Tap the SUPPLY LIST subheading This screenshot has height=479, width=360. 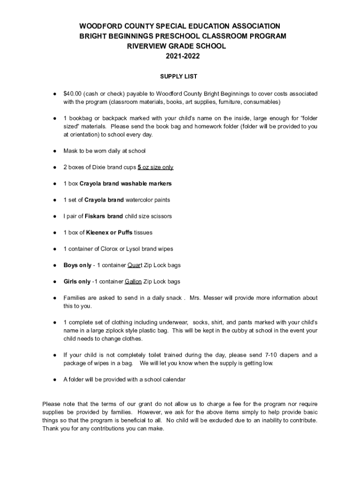179,76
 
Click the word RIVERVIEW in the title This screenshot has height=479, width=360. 147,46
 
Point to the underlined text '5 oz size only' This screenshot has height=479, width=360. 156,167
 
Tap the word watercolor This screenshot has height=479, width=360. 139,200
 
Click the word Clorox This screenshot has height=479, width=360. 110,249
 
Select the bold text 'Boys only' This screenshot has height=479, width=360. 77,265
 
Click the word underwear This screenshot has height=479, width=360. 174,322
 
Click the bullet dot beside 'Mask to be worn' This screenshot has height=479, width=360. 55,151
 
